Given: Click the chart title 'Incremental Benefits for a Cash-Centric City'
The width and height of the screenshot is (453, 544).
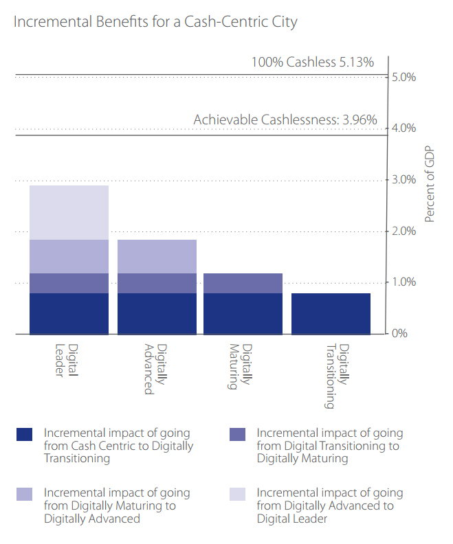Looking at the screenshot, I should pos(155,22).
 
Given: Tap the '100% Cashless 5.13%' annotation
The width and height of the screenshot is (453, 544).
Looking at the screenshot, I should pos(312,63).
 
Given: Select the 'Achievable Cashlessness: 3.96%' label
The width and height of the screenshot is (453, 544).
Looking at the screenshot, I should pos(285,120).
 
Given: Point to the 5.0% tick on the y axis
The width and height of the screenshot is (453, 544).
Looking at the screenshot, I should pos(404,77).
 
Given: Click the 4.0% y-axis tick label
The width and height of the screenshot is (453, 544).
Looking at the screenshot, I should pos(404,128).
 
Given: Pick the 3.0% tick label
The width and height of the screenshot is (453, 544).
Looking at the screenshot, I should pos(404,180).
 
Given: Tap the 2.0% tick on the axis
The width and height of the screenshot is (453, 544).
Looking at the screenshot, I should pos(404,231).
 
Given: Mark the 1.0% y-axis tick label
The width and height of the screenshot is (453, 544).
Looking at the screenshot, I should pos(404,282).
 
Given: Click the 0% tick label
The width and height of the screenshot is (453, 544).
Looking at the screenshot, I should pos(400,334).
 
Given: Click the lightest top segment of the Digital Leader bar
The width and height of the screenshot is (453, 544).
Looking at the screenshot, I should pos(69,212).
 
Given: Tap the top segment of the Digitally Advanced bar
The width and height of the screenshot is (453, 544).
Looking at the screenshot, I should pos(157,256).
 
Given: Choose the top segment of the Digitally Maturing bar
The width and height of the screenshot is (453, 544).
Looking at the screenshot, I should pos(243,283).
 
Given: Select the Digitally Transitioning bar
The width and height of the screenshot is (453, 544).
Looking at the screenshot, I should pos(331,313).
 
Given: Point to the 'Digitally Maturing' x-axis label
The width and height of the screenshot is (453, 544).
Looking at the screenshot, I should pos(240,366).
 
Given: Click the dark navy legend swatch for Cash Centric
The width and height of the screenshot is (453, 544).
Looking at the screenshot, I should pos(24,434).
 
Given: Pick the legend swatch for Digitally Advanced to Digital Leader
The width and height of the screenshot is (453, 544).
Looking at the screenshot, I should pos(237,493).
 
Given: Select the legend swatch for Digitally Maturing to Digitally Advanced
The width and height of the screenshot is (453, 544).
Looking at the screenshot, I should pos(24,493).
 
